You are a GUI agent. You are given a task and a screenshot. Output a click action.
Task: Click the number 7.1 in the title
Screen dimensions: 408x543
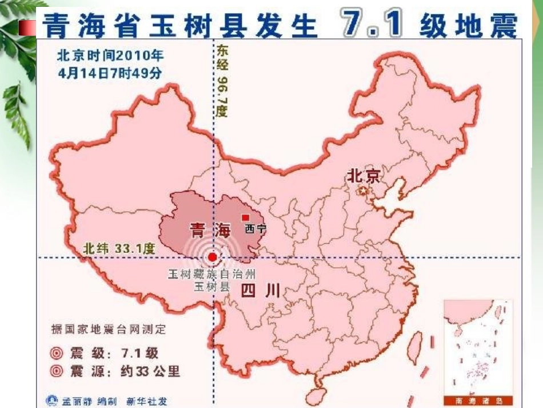click(x=371, y=24)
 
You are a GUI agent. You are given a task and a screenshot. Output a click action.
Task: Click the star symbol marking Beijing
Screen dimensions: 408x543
click(x=362, y=191)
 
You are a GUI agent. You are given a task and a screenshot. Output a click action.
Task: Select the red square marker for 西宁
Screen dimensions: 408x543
click(x=245, y=217)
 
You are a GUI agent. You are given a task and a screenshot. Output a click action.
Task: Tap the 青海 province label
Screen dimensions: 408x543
click(x=209, y=231)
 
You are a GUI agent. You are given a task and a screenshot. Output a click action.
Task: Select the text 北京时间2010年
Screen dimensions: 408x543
click(x=109, y=56)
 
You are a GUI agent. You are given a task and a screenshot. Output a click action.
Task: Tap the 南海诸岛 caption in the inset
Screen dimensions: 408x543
click(x=478, y=400)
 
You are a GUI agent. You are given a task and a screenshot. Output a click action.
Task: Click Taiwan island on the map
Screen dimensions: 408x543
click(x=414, y=346)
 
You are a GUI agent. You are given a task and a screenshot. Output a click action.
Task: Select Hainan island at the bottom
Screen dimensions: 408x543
click(x=316, y=395)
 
